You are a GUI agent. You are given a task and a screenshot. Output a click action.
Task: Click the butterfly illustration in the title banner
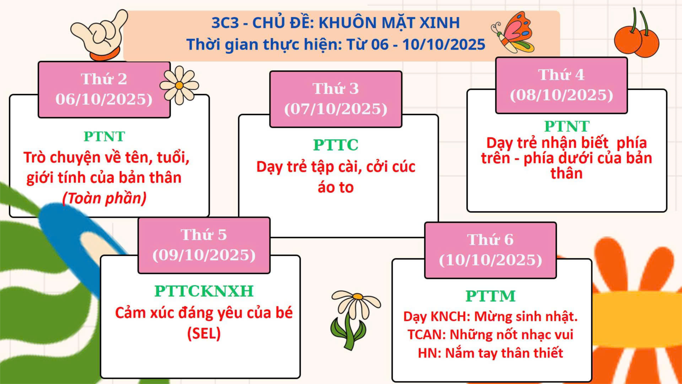tap(513, 32)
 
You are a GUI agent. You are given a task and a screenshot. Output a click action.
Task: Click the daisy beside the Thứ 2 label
tap(179, 85)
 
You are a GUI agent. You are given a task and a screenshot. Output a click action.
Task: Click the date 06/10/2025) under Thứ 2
tap(104, 99)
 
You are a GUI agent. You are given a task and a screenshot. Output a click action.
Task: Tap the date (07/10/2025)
tap(336, 109)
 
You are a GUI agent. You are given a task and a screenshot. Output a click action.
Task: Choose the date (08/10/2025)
tap(561, 95)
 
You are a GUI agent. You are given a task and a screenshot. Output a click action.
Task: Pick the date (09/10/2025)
tap(204, 255)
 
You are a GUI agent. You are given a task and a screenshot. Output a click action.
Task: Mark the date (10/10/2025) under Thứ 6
tap(490, 260)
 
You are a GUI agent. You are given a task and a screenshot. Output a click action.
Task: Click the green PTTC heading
tap(336, 145)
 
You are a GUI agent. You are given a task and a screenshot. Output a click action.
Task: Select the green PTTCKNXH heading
tap(204, 291)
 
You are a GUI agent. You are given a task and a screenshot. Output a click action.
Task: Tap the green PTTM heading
tap(490, 296)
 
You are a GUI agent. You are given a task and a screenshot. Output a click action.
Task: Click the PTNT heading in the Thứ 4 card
tap(567, 126)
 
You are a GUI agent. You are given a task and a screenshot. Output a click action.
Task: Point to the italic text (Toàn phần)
tap(104, 198)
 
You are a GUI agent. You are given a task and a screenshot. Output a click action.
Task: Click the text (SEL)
tap(204, 333)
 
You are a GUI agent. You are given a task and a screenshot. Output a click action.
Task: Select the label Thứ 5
tap(204, 235)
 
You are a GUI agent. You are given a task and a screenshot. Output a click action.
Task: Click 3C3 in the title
tap(225, 23)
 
